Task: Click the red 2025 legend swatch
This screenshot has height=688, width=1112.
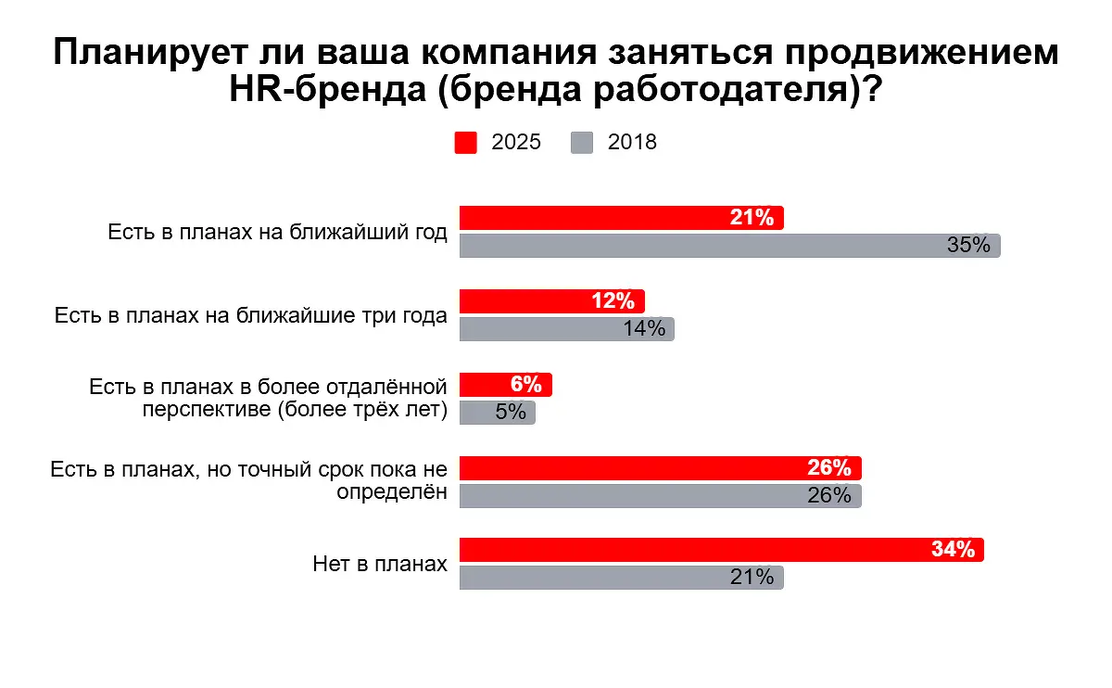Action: coord(466,143)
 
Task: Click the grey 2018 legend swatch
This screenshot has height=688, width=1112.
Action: coord(582,143)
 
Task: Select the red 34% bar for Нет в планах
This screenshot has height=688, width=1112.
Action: coord(695,550)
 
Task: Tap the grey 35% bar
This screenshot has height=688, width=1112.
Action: coord(704,246)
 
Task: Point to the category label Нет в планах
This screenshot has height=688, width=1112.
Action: coord(380,564)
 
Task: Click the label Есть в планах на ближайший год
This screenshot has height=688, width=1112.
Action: coord(277,232)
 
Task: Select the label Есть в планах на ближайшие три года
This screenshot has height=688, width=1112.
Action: coord(250,315)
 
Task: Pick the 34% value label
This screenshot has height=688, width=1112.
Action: coord(954,550)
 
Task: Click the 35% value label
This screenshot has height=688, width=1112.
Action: coord(969,246)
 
